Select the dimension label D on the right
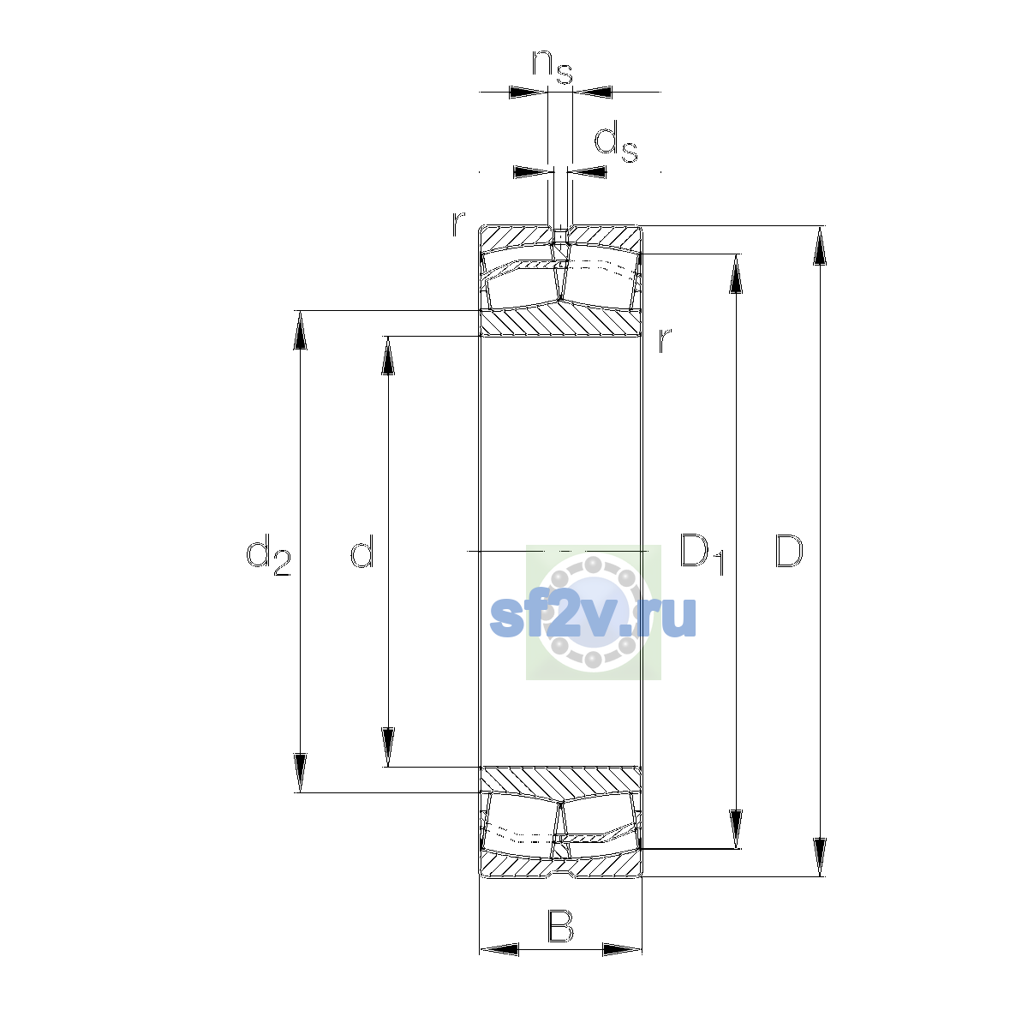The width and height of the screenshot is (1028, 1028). point(788,550)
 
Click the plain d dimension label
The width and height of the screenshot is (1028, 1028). point(362,550)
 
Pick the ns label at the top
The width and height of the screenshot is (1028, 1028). point(553,67)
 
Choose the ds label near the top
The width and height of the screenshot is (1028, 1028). point(616,141)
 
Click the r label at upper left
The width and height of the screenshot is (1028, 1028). point(458,224)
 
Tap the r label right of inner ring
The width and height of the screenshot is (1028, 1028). point(664,340)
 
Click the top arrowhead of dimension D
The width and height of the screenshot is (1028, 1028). point(820,246)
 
